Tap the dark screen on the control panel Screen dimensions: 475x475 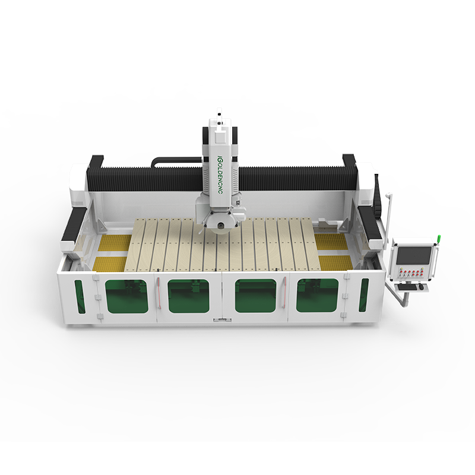click(x=414, y=255)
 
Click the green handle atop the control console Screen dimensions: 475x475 click(x=438, y=239)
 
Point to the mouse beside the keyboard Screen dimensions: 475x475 click(x=422, y=287)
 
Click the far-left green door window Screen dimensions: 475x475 click(x=126, y=296)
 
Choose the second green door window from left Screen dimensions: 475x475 click(x=188, y=296)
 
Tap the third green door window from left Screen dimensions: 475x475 click(x=256, y=296)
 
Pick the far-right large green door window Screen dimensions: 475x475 click(x=317, y=295)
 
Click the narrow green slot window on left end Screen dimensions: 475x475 click(x=80, y=296)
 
